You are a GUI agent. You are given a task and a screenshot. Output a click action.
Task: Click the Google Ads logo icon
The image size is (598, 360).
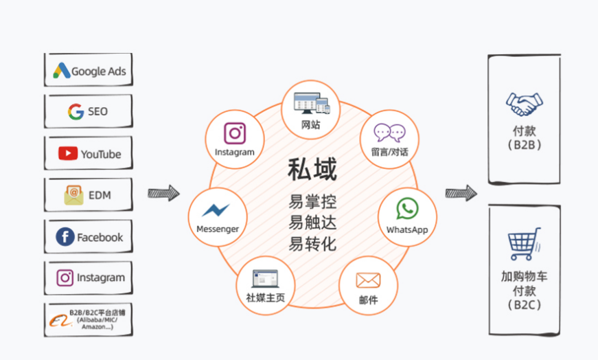tap(62, 71)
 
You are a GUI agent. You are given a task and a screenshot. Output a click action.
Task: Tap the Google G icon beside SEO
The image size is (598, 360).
tap(76, 111)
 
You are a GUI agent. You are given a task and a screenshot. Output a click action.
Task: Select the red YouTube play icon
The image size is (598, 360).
tap(68, 154)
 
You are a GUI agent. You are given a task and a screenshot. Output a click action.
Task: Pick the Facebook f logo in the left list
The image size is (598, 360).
tap(65, 237)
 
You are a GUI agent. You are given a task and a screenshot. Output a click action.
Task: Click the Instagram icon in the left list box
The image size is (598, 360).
tap(65, 278)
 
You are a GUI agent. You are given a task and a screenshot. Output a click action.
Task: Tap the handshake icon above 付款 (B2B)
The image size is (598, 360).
tap(524, 104)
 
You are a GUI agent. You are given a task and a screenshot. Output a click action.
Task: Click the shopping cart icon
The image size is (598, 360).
tap(525, 245)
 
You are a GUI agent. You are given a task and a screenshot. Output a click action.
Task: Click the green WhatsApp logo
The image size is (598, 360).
tap(407, 209)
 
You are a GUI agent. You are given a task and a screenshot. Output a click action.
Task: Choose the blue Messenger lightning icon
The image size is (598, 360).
tap(216, 210)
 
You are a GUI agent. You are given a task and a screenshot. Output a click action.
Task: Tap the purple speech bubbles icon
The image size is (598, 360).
tap(389, 132)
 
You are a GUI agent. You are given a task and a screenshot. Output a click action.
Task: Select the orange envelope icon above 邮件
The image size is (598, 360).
tap(368, 280)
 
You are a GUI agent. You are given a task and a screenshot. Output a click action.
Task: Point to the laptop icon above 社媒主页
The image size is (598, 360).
tap(266, 278)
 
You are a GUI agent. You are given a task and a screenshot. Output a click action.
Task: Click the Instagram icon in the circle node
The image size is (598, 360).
tap(235, 133)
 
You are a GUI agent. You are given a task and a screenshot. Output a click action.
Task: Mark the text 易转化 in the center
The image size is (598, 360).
tap(312, 243)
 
